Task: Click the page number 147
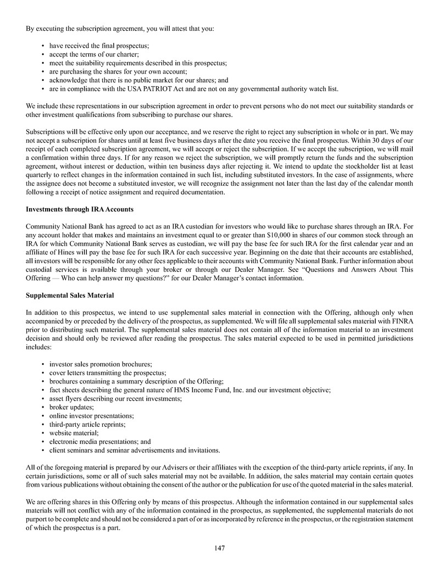(220, 548)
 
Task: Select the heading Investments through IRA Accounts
(80, 209)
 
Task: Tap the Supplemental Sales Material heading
(70, 296)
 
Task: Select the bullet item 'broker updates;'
(71, 407)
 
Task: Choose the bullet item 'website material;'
(74, 433)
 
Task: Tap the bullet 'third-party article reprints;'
(87, 424)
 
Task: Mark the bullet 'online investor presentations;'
(91, 416)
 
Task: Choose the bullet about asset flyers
(115, 398)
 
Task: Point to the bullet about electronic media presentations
(100, 441)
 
